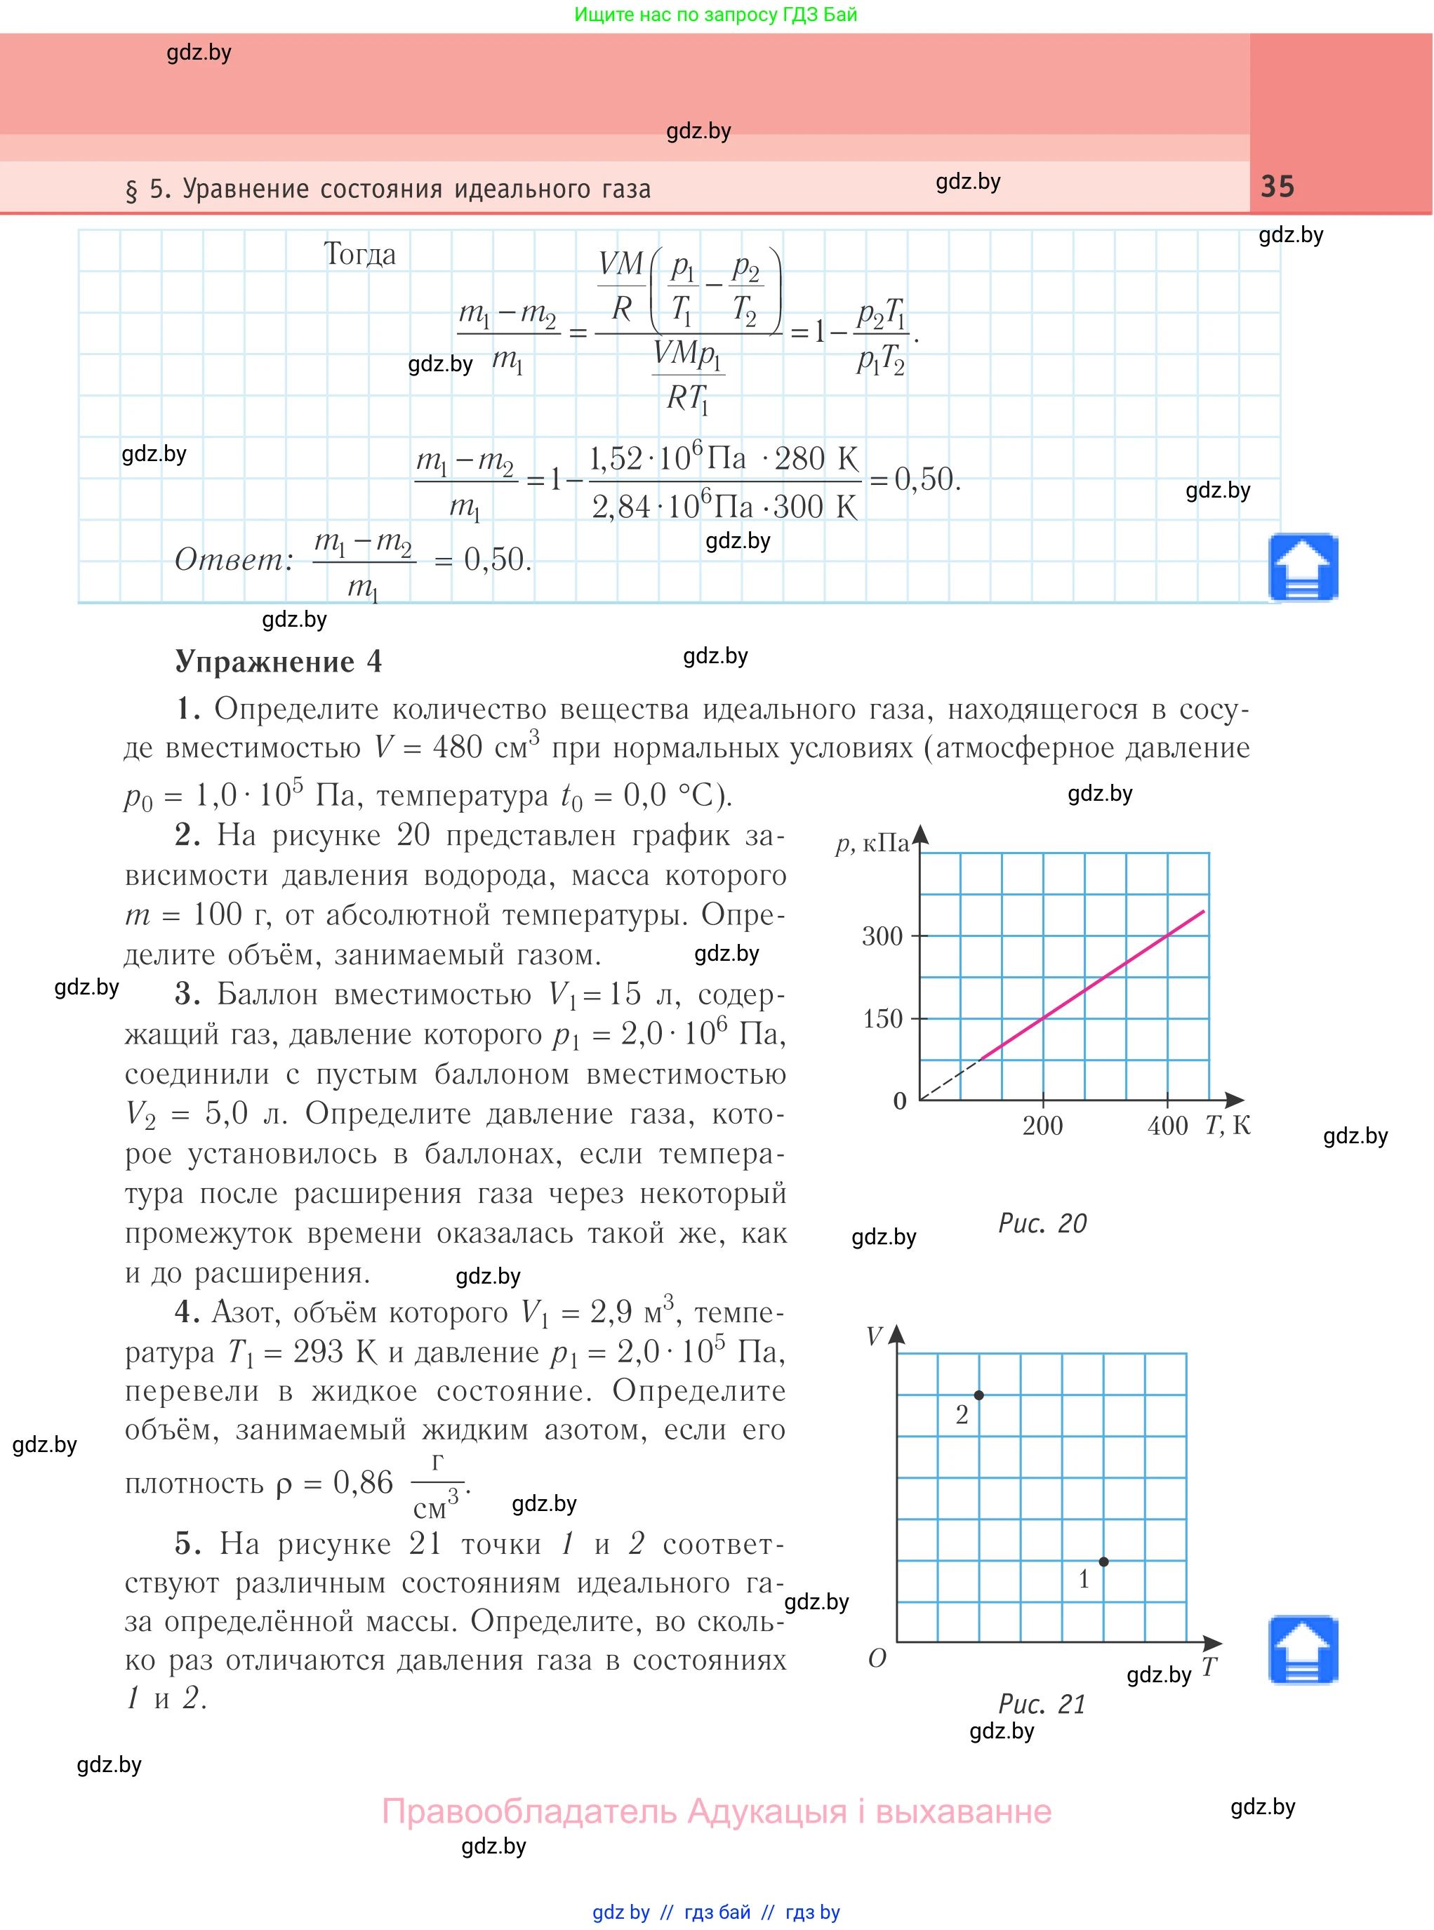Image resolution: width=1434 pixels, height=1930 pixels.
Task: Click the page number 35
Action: pyautogui.click(x=1277, y=187)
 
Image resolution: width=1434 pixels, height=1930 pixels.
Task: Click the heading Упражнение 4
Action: pyautogui.click(x=278, y=661)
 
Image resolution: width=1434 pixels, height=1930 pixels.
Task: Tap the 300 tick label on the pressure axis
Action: pyautogui.click(x=882, y=936)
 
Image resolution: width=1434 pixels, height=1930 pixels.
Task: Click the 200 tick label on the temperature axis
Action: pyautogui.click(x=1042, y=1126)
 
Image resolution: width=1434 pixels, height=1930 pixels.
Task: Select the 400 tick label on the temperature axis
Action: pyautogui.click(x=1167, y=1126)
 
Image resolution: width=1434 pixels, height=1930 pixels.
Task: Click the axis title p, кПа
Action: pyautogui.click(x=872, y=843)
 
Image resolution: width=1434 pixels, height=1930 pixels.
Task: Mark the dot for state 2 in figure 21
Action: pyautogui.click(x=978, y=1395)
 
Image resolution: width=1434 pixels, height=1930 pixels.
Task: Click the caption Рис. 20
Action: pyautogui.click(x=1042, y=1223)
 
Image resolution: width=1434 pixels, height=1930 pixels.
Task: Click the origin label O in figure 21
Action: pyautogui.click(x=877, y=1658)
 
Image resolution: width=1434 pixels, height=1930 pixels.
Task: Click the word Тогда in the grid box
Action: pyautogui.click(x=359, y=254)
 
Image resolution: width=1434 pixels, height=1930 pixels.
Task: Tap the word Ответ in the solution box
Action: pyautogui.click(x=229, y=560)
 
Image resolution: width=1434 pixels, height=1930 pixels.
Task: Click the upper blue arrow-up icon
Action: pyautogui.click(x=1302, y=568)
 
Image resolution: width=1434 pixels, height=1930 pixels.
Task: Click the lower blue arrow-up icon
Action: pyautogui.click(x=1302, y=1650)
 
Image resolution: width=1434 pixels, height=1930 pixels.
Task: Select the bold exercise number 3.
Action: pyautogui.click(x=187, y=994)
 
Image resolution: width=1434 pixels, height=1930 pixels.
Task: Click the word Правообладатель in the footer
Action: pyautogui.click(x=529, y=1811)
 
